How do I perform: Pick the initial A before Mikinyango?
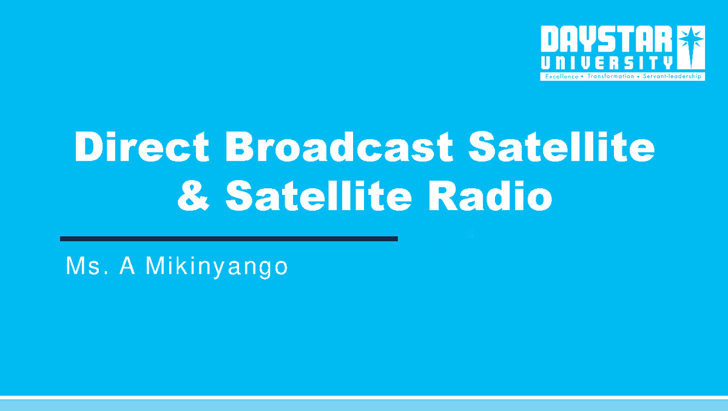(x=127, y=267)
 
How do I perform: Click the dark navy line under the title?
(x=229, y=239)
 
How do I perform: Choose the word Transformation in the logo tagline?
(x=611, y=77)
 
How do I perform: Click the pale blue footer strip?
(x=364, y=405)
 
